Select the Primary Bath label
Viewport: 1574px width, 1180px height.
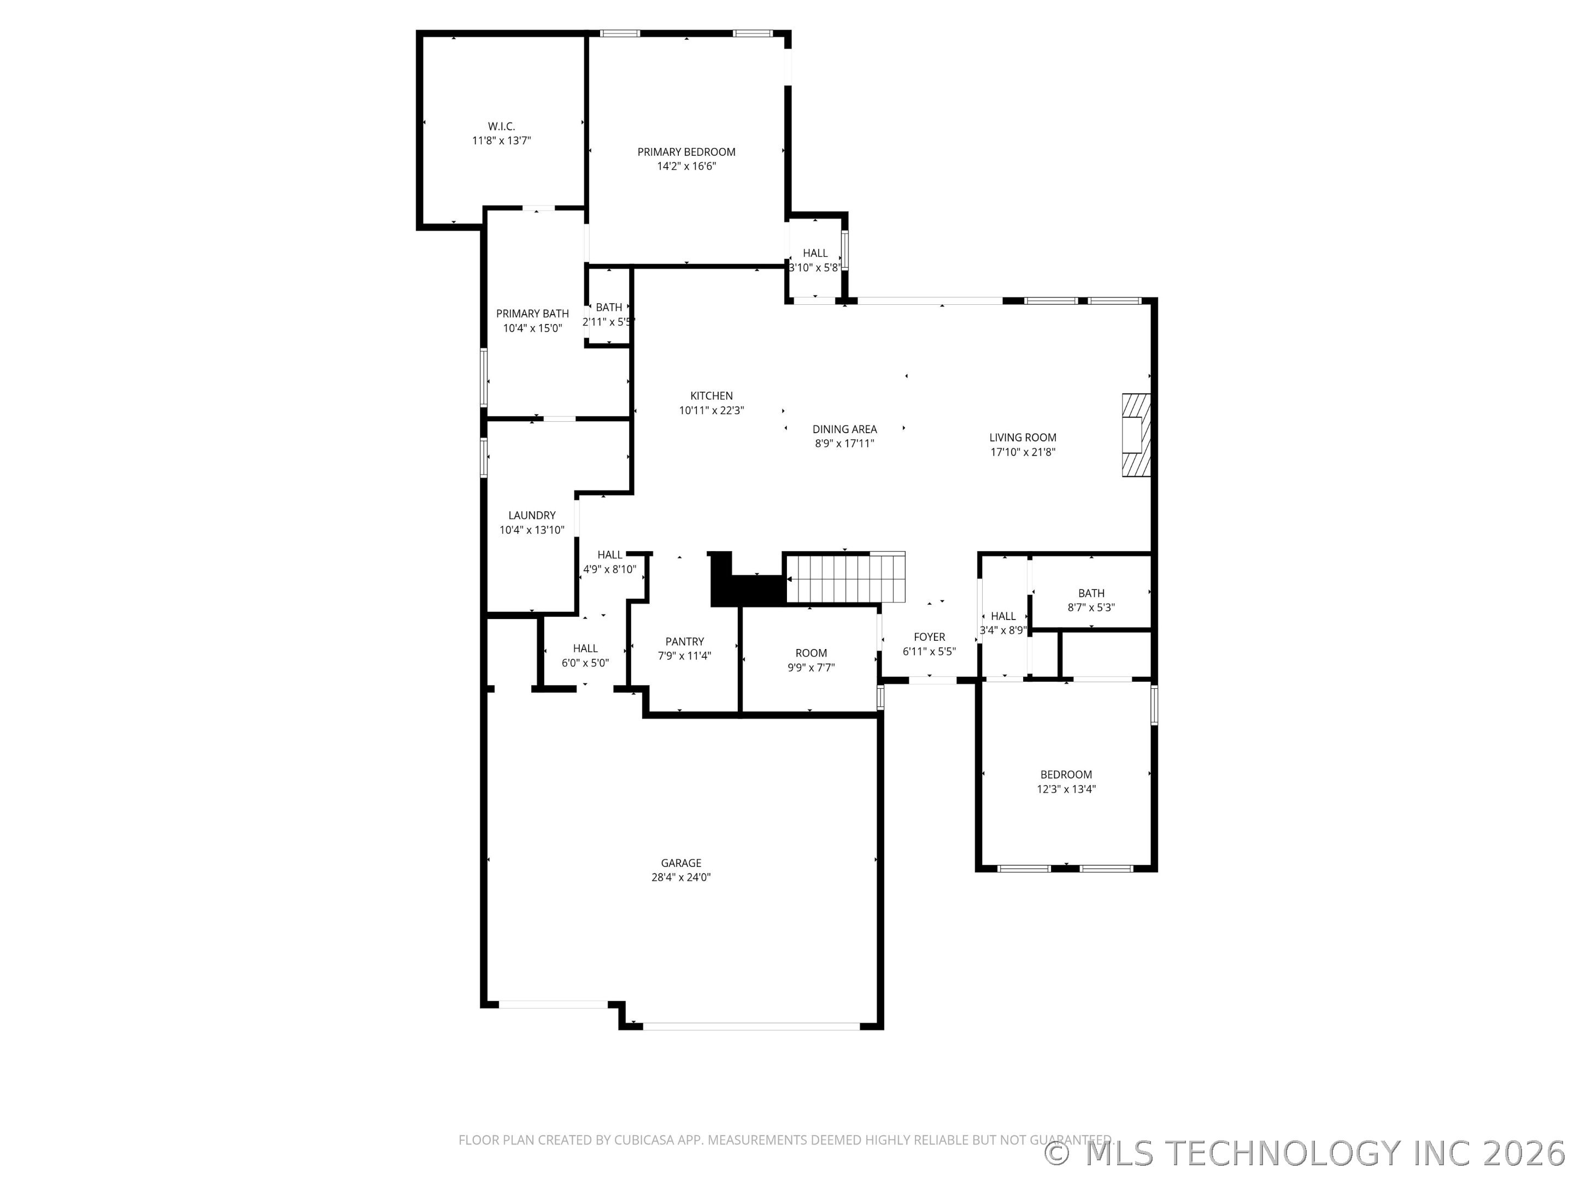(532, 314)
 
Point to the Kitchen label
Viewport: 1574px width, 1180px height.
(711, 396)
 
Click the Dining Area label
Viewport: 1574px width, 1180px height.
(844, 429)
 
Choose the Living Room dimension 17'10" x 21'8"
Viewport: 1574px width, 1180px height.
(1023, 452)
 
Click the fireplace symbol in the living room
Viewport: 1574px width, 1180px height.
(1136, 435)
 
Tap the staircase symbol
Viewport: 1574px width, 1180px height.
(847, 577)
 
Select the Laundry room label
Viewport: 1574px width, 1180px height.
(532, 516)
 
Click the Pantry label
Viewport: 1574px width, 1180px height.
(685, 641)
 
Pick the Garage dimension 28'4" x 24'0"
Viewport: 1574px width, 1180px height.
(681, 877)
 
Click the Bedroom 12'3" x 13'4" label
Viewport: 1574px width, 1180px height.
(1066, 775)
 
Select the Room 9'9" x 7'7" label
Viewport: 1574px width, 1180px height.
(811, 653)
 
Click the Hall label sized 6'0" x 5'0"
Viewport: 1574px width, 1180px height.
(585, 648)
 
